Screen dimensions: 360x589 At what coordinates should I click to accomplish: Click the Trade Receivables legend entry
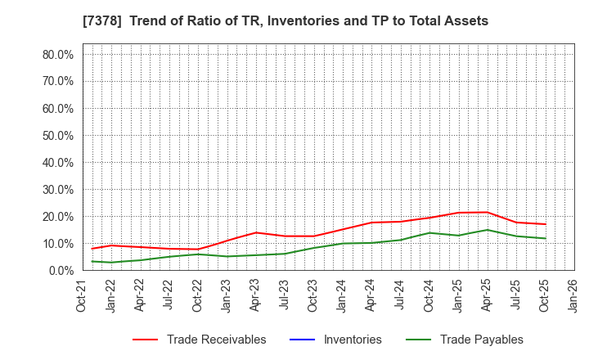[216, 340]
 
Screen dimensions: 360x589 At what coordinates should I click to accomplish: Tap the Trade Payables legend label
[481, 340]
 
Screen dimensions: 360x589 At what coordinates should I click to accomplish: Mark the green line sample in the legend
[413, 340]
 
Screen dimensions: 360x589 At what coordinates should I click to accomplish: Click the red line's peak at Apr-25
[487, 212]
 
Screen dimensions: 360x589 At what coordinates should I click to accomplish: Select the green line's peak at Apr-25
[487, 230]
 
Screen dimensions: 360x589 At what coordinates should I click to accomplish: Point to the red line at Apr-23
[256, 232]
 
